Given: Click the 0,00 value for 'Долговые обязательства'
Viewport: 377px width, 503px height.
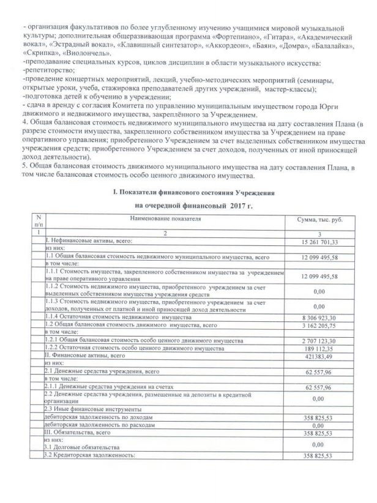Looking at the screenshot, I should click(x=318, y=444).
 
